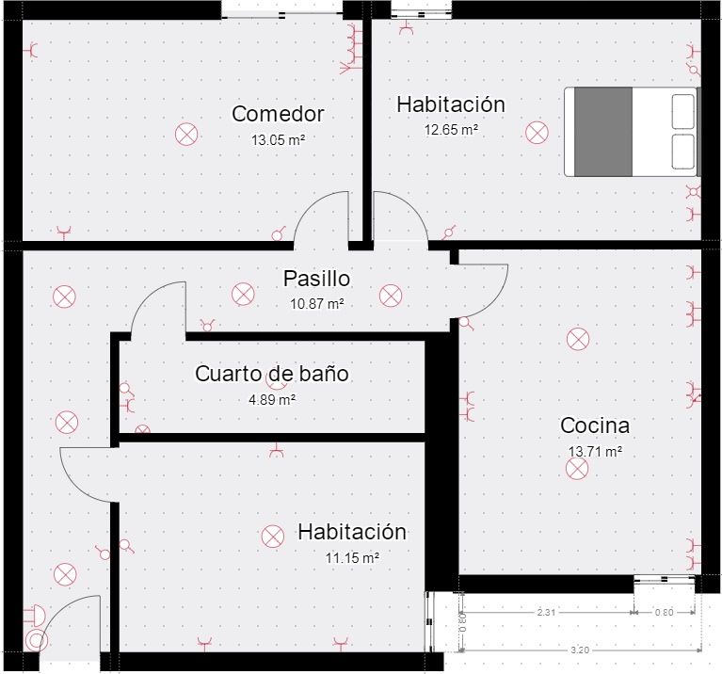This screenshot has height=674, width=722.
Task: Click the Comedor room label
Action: tap(278, 114)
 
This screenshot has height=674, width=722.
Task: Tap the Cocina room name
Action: tap(595, 425)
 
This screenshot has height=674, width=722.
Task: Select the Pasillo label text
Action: tap(317, 279)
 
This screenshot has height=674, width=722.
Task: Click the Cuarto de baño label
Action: tap(272, 374)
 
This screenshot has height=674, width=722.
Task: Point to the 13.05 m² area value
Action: tap(278, 140)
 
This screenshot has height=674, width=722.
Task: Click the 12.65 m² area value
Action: tap(451, 130)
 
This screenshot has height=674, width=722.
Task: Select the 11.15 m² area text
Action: tap(352, 558)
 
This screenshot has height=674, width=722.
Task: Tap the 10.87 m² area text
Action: tap(317, 304)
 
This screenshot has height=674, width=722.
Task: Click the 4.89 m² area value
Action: tap(272, 400)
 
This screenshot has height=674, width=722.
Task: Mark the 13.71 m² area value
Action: tap(595, 451)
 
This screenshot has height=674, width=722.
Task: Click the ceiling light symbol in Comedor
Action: tap(186, 135)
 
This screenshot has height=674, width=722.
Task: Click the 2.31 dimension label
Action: tap(546, 612)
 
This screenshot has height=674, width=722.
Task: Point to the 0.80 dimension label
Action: tap(664, 612)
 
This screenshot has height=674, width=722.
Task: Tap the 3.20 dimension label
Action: tap(580, 650)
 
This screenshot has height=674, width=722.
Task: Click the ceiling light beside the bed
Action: tap(537, 133)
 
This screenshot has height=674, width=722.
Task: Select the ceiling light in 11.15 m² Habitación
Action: tap(273, 537)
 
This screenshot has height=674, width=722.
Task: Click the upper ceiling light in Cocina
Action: tap(578, 339)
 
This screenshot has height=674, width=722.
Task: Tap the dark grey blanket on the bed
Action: tap(603, 132)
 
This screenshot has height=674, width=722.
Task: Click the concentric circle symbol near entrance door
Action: tap(37, 640)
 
